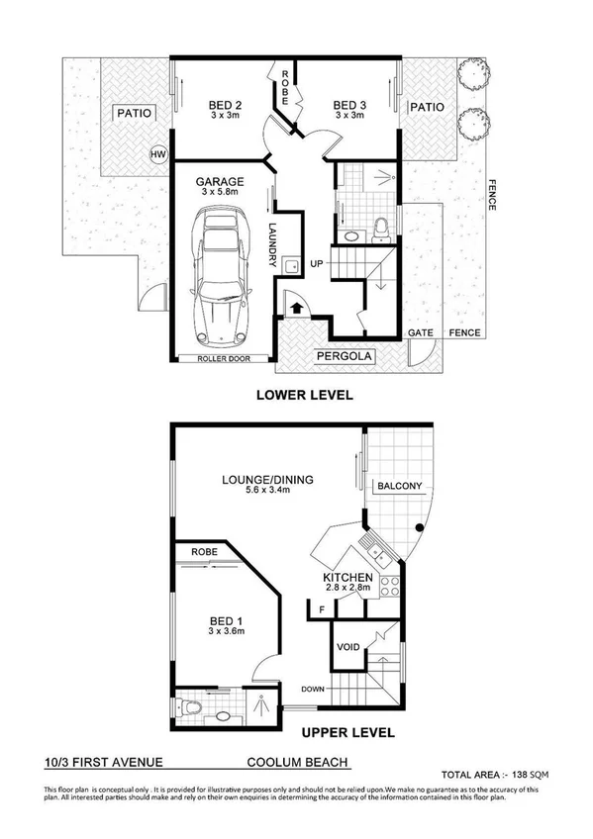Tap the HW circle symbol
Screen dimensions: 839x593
157,154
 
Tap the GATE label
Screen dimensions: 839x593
421,333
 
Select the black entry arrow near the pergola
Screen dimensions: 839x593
296,309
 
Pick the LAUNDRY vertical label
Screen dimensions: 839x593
272,242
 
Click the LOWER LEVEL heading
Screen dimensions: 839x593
304,395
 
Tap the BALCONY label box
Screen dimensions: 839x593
399,486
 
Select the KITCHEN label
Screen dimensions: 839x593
347,578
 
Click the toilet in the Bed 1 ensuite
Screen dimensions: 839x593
193,709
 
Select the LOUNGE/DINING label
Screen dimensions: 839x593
267,480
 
